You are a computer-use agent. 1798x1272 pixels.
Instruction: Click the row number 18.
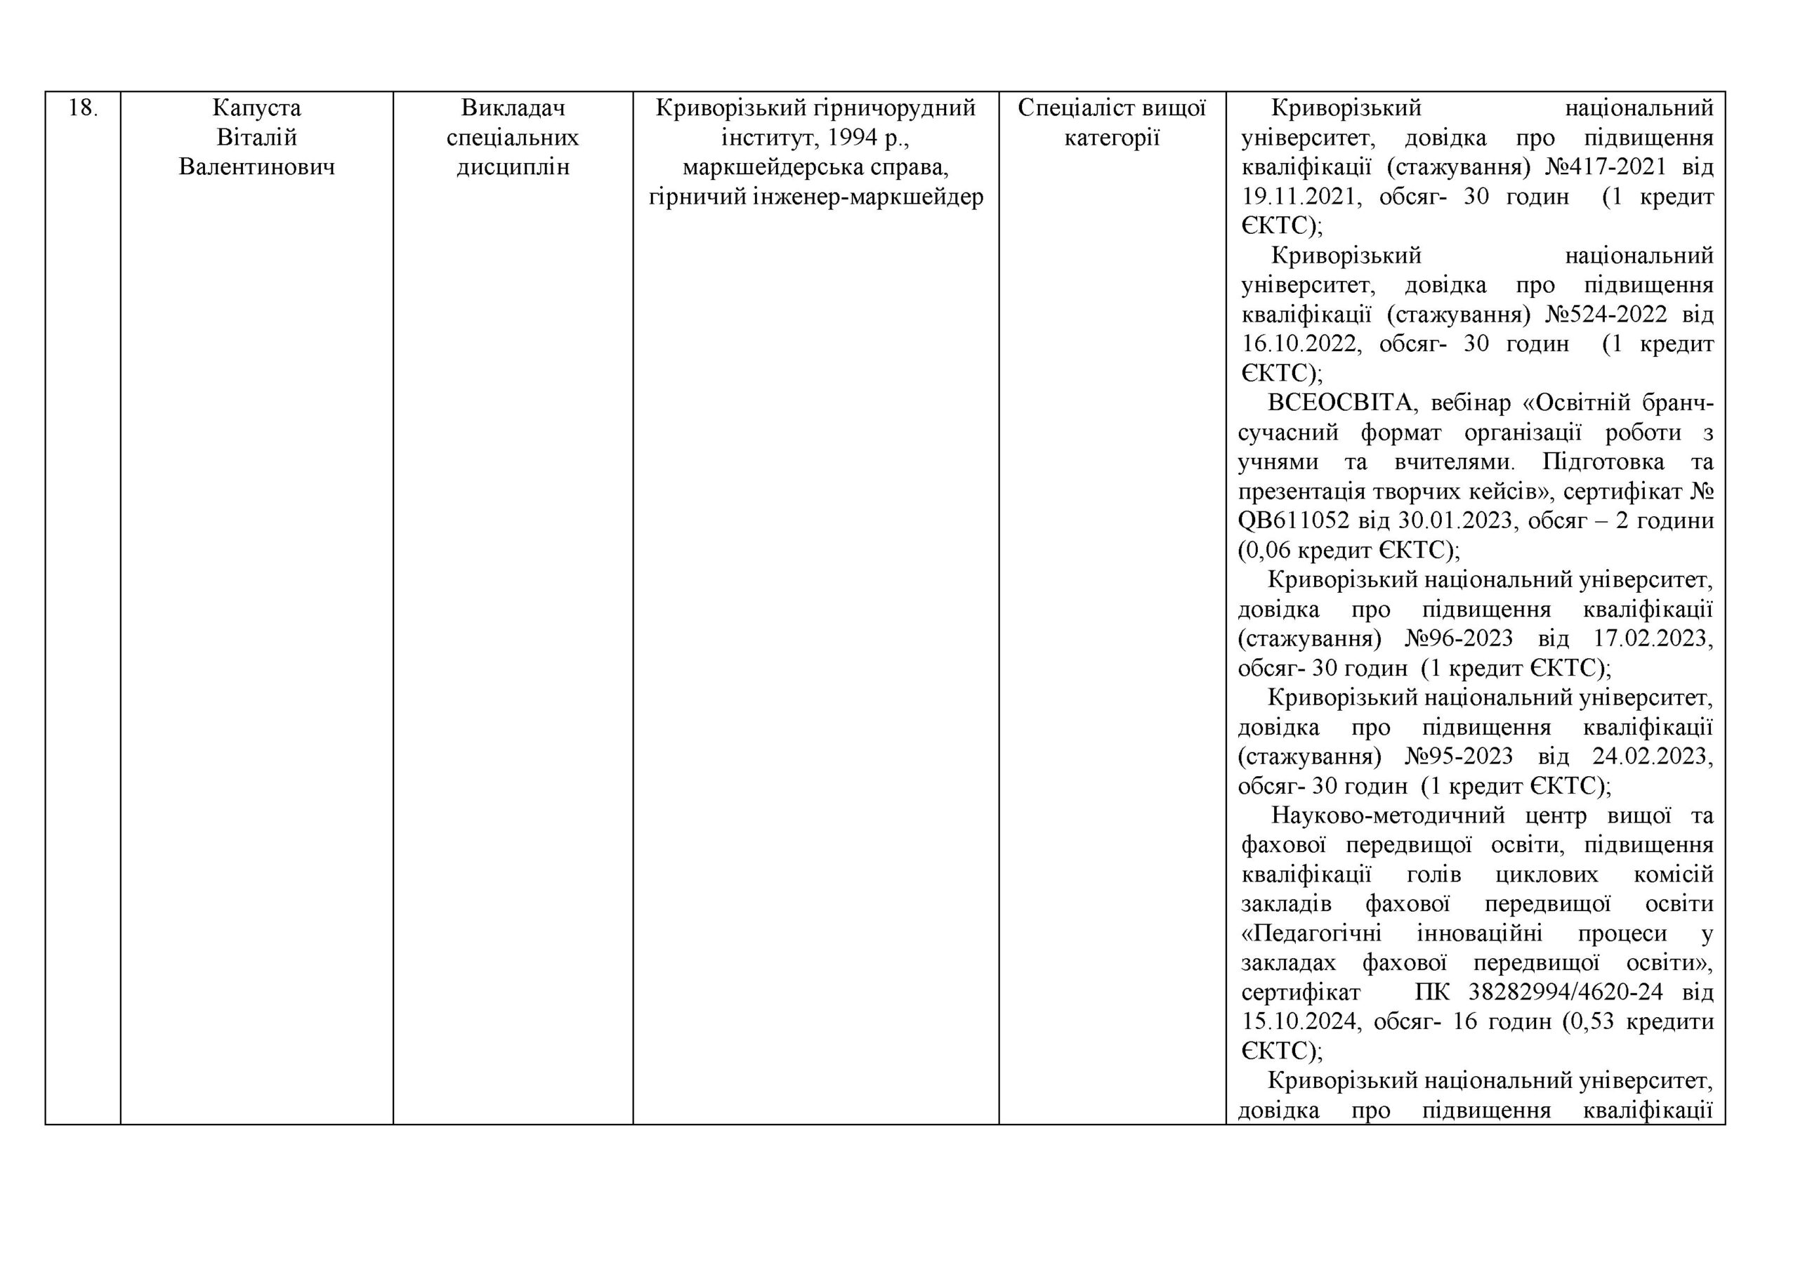[x=82, y=108]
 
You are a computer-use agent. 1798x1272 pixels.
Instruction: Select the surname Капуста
[x=256, y=108]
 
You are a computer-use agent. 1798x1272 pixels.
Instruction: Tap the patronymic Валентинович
[x=256, y=167]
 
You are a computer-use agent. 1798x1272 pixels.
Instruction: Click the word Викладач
[x=512, y=108]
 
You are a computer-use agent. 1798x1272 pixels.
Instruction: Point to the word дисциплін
[x=512, y=167]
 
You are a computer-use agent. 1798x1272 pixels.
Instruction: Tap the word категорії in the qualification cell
[x=1111, y=138]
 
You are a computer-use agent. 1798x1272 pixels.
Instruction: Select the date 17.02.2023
[x=1653, y=638]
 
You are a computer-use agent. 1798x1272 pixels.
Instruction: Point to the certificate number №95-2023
[x=1457, y=756]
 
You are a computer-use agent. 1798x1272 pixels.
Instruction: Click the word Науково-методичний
[x=1387, y=815]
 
